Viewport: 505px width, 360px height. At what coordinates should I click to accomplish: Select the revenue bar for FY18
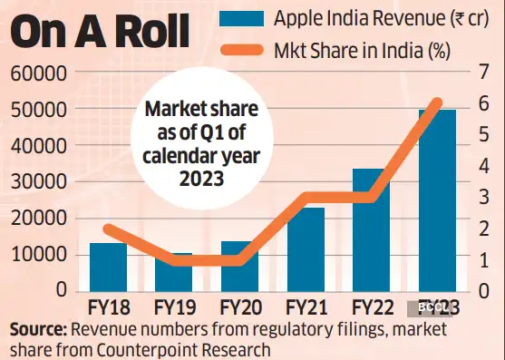108,267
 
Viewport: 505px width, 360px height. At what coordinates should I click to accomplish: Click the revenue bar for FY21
305,249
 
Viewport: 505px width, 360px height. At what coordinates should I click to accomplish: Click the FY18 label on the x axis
108,307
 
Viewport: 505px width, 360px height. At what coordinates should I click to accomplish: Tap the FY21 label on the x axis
305,307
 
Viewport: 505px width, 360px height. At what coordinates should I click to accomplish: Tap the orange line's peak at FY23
436,102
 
